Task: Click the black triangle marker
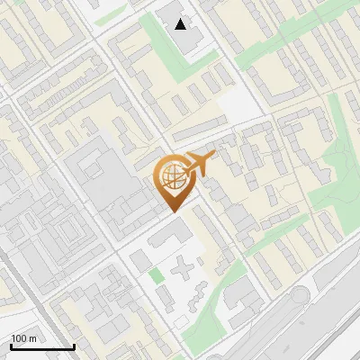click(181, 24)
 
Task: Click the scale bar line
click(41, 346)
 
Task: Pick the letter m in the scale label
click(32, 338)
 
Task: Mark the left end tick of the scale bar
click(11, 345)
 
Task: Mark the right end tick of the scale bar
click(73, 345)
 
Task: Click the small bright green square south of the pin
click(157, 275)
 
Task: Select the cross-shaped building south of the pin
click(185, 270)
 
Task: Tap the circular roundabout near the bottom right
click(300, 296)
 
